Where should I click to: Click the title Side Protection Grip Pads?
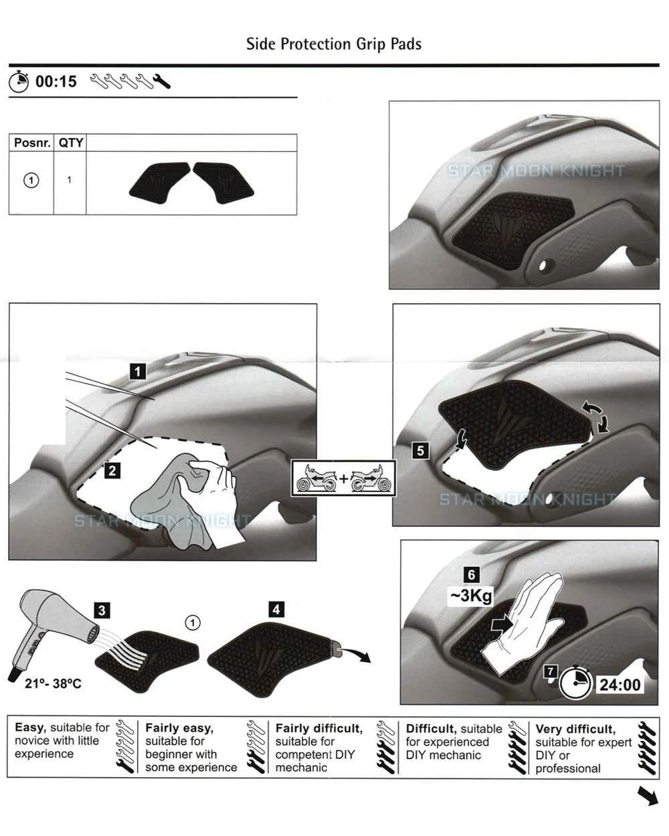click(x=333, y=44)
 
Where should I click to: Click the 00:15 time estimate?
click(x=56, y=82)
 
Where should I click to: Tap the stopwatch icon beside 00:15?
click(x=19, y=82)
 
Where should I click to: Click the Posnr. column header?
click(x=31, y=143)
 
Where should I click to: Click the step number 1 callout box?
click(x=137, y=371)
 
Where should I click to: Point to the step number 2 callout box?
click(x=112, y=471)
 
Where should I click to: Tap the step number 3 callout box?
click(x=102, y=610)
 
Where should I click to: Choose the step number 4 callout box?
click(x=276, y=609)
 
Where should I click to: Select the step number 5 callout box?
click(x=420, y=450)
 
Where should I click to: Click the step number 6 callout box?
click(x=472, y=575)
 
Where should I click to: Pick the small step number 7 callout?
click(x=551, y=671)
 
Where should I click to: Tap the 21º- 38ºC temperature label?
click(x=53, y=683)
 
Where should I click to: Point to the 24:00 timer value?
click(x=619, y=684)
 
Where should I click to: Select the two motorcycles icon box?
click(x=344, y=479)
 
